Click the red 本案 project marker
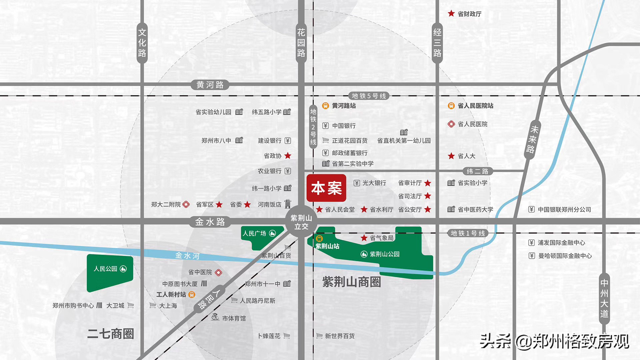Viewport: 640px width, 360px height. point(326,188)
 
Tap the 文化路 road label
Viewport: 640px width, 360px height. point(142,43)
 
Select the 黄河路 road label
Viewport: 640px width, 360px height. point(210,85)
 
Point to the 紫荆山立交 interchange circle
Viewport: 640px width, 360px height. point(301,222)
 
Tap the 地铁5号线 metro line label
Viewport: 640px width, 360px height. point(369,96)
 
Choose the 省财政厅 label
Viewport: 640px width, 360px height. point(469,14)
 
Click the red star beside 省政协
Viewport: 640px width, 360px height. point(288,156)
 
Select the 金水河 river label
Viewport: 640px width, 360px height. point(187,256)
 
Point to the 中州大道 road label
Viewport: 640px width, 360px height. point(604,299)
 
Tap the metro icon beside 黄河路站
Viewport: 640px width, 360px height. point(325,106)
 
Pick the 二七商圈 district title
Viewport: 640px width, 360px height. point(111,334)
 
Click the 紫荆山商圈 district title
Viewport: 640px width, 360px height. point(351,282)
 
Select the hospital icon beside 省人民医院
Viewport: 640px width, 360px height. point(451,124)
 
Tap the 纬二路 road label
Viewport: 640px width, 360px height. point(477,171)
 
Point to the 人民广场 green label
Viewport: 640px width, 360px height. point(255,233)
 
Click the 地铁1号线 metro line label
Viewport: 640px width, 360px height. point(468,233)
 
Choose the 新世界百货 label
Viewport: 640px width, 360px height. point(340,336)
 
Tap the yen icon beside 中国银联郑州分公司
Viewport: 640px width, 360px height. point(532,209)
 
